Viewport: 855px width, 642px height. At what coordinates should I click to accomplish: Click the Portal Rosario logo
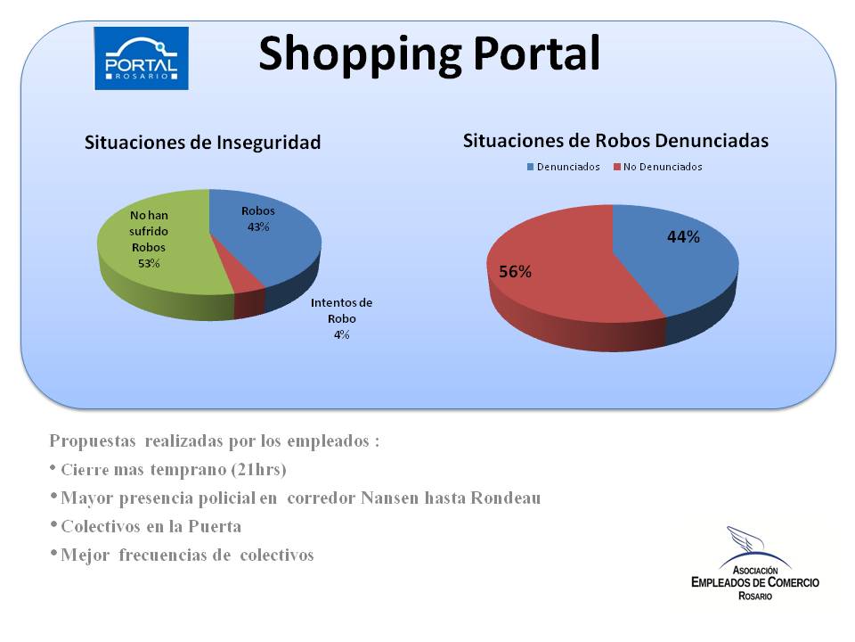(142, 59)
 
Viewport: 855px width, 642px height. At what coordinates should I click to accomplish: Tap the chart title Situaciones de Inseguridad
(202, 143)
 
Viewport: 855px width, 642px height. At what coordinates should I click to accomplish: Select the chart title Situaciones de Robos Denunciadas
(615, 141)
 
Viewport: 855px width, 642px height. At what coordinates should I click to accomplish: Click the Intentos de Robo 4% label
(341, 319)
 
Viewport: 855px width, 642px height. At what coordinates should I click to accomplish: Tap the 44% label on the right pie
(683, 237)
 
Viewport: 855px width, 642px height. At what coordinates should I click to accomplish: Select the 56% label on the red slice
(516, 271)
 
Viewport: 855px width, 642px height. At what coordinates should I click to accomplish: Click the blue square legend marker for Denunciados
(530, 167)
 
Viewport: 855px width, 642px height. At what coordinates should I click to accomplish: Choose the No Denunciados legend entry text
(663, 167)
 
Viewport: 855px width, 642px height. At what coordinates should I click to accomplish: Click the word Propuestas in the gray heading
(92, 441)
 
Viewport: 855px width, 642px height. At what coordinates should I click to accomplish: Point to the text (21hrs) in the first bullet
(258, 470)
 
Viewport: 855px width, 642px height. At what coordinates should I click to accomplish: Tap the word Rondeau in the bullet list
(506, 498)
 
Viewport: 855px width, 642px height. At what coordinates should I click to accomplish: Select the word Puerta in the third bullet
(215, 526)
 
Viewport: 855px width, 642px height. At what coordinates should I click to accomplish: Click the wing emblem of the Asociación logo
(746, 539)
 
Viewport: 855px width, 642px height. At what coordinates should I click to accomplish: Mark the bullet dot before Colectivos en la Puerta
(53, 524)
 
